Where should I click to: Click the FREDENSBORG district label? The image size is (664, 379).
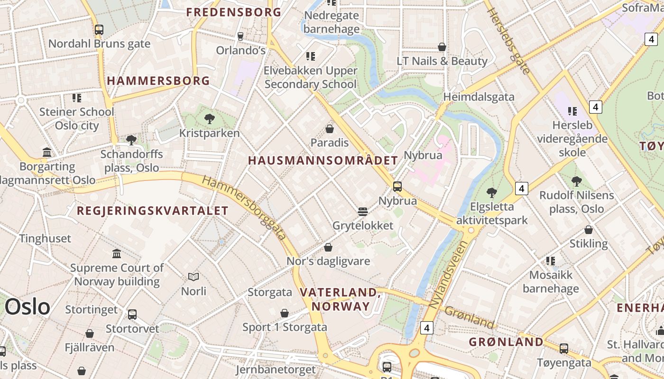[234, 12]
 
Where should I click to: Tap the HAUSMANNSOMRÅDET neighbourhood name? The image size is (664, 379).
[323, 160]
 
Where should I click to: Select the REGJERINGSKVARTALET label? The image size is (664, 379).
[153, 211]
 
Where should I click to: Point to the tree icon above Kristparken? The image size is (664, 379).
[209, 119]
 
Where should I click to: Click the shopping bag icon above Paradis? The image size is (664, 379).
[330, 128]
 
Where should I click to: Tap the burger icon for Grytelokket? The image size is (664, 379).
[363, 211]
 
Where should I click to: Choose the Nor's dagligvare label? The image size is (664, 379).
[328, 261]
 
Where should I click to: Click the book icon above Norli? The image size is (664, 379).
[194, 277]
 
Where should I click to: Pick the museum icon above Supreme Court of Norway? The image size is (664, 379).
[117, 253]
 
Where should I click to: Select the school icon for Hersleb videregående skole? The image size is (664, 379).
[572, 111]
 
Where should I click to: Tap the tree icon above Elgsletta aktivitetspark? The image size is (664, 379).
[492, 192]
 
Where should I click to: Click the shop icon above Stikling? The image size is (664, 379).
[589, 230]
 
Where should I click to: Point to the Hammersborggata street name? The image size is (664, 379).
[245, 207]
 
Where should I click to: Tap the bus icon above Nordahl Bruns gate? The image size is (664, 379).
[99, 30]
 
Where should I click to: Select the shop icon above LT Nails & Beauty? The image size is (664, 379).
[442, 47]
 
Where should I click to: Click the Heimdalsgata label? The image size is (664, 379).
[479, 97]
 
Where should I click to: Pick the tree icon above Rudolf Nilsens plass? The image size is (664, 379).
[577, 181]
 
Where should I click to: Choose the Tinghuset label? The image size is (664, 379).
[45, 238]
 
